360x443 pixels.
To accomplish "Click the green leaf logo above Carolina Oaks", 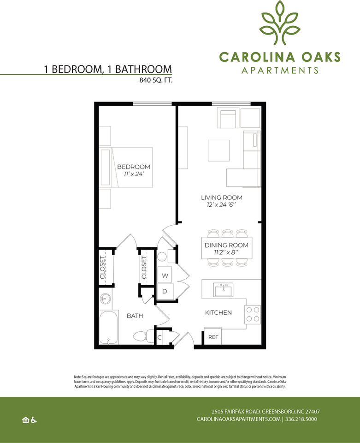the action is click(280, 23).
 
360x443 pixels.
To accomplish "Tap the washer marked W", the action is click(165, 275).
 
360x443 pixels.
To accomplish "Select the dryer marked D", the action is click(165, 291).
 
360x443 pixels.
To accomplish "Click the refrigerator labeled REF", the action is click(213, 336).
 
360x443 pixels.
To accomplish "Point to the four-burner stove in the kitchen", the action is click(253, 314).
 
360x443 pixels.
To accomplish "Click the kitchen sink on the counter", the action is click(223, 290).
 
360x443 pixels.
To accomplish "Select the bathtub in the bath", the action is click(109, 327).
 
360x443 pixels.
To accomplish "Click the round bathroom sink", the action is click(106, 299).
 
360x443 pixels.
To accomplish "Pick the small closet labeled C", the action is click(159, 337).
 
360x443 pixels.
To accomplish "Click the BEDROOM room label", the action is click(134, 167).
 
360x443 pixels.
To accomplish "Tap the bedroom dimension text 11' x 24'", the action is click(134, 174).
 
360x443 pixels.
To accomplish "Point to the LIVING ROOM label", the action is click(222, 198).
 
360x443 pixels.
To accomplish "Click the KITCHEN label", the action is click(218, 312).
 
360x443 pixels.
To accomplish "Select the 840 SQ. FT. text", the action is click(156, 80).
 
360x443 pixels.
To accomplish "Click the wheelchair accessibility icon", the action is click(34, 420).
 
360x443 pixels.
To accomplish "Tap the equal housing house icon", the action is click(26, 420).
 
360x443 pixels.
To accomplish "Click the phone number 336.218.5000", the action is click(301, 419).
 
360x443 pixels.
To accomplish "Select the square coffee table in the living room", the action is click(218, 150).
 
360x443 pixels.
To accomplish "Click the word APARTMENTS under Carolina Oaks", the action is click(280, 70).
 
